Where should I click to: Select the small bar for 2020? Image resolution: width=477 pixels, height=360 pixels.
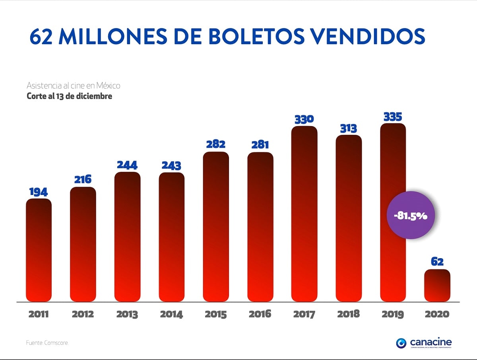point(437,285)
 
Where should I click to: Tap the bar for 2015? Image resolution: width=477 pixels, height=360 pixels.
point(216,227)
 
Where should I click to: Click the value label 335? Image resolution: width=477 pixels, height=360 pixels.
point(393,117)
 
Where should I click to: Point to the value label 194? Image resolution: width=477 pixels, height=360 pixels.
point(39,192)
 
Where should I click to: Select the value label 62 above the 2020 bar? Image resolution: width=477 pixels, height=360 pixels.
point(437,262)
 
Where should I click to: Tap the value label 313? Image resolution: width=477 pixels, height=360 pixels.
point(348,128)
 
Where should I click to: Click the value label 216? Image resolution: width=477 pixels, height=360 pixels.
point(83,179)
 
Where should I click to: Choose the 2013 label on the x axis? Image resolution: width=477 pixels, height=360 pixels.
point(127,314)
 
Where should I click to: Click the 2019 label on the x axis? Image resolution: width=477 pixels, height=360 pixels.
point(393,314)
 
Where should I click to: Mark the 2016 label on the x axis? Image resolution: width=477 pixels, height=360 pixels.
point(260,314)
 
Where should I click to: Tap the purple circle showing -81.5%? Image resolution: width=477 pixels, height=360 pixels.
point(411,215)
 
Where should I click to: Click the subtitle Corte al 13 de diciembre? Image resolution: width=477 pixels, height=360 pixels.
point(69,96)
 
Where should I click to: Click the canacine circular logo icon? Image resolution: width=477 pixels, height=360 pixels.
point(401,343)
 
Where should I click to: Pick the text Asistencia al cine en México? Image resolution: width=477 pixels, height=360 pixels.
point(73,86)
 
